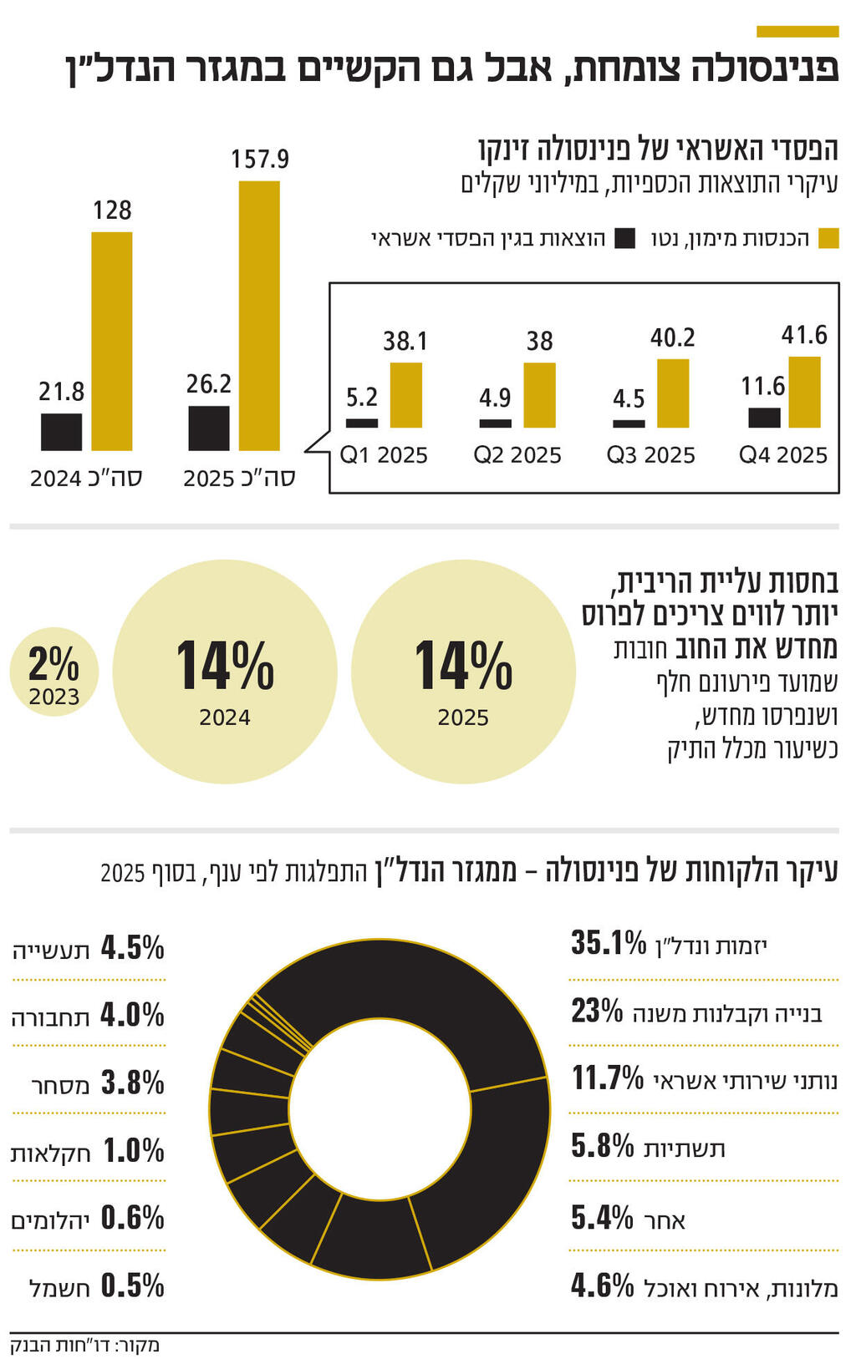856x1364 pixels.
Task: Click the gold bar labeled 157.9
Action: tap(259, 316)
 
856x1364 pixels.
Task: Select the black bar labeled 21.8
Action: tap(62, 432)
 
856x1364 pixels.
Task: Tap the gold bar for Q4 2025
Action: tap(804, 392)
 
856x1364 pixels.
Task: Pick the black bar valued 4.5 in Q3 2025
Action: tap(629, 423)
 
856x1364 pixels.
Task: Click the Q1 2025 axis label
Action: tap(384, 455)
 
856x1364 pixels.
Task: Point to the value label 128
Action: tap(112, 210)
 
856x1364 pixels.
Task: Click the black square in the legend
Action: tap(624, 239)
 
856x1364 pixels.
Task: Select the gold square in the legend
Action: tap(828, 239)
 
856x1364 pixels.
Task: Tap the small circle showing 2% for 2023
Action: tap(54, 672)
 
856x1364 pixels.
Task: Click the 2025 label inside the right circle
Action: tap(463, 717)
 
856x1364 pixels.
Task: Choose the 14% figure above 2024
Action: tap(225, 667)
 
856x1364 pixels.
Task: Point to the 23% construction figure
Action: tap(597, 1011)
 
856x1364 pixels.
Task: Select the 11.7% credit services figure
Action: tap(608, 1078)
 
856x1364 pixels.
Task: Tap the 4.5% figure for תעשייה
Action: tap(133, 948)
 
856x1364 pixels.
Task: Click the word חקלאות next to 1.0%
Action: tap(50, 1154)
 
